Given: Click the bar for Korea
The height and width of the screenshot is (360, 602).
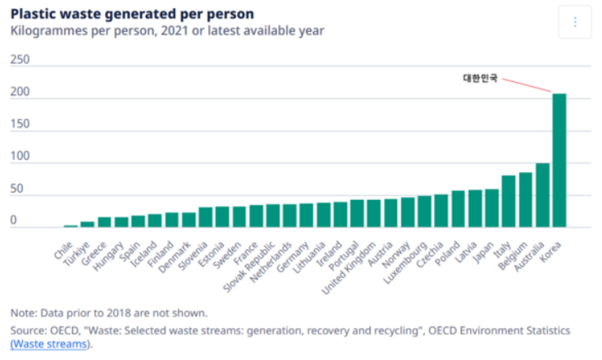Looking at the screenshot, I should pos(559,161).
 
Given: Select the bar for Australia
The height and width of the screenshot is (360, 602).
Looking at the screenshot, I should pos(542,195).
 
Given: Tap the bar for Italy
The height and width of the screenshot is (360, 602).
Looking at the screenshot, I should pos(509,201).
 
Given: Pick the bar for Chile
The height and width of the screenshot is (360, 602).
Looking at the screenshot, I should pos(71,226).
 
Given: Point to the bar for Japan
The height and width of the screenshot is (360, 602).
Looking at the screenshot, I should pos(491,208).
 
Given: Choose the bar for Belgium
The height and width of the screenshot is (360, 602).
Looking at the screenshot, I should pos(525,200).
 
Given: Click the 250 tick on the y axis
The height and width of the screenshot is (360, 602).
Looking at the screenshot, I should pos(20,60).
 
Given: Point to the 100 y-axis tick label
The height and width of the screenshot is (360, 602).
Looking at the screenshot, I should pos(20,156).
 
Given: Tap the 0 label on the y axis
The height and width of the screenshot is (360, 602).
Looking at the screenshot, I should pos(13,220).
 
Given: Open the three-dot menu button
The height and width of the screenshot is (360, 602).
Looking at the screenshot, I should pos(575,22).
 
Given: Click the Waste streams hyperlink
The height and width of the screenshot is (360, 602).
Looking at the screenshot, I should pos(48,344).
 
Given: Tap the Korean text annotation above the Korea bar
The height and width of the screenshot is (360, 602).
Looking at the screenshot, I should pos(480,79).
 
